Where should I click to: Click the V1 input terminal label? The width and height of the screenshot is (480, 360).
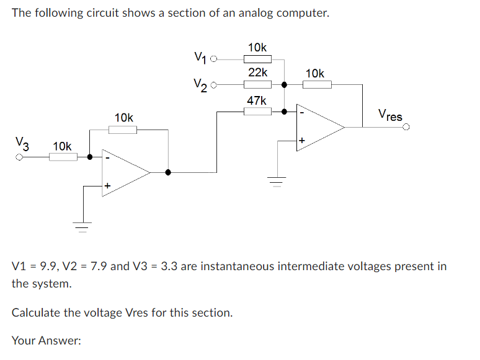(198, 58)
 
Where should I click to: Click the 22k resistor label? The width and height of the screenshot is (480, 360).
(257, 72)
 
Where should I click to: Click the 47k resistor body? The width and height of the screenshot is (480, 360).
(257, 112)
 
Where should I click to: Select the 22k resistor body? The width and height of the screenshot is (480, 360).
(257, 84)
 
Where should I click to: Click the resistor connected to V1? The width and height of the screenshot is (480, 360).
(257, 59)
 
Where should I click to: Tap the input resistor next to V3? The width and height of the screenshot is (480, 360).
(63, 157)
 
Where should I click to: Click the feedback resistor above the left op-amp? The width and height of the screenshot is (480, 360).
(123, 130)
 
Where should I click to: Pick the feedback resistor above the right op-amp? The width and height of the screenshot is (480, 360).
(318, 85)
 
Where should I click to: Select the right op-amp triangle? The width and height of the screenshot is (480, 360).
(319, 128)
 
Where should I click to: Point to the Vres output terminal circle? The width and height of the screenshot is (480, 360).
(406, 128)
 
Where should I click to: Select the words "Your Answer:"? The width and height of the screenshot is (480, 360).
(47, 340)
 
